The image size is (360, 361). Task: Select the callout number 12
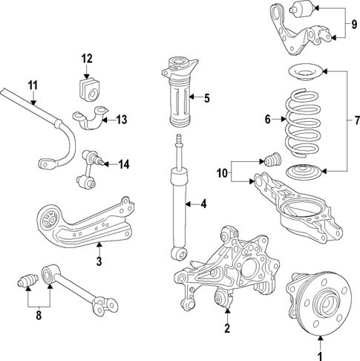coord(86,58)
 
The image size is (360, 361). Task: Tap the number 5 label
coord(207,97)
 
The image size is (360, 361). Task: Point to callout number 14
coord(123,164)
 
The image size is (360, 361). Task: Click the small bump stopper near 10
coord(271,159)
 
